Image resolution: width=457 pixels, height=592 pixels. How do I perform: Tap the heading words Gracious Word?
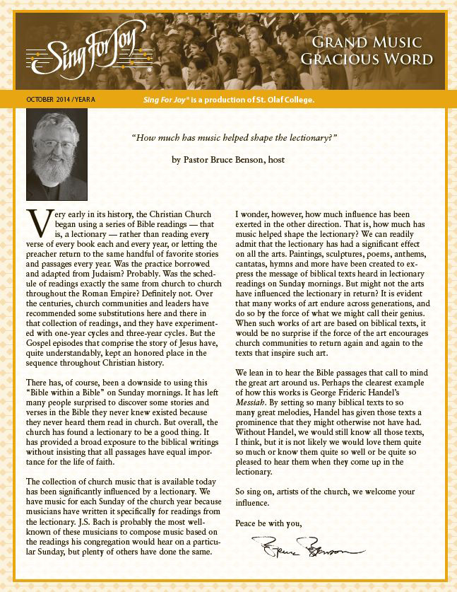click(x=366, y=59)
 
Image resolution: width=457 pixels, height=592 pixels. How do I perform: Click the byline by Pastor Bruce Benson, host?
click(x=228, y=160)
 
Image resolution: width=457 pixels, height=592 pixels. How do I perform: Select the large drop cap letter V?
click(x=37, y=222)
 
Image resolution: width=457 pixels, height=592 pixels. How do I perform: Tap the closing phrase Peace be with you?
click(x=268, y=523)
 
